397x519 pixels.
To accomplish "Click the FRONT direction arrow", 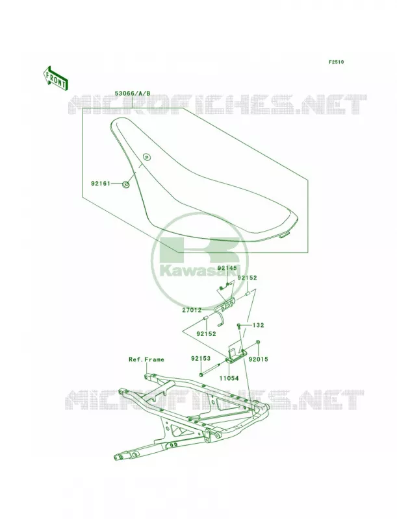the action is pyautogui.click(x=55, y=78).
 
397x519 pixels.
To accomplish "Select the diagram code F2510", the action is pyautogui.click(x=336, y=62).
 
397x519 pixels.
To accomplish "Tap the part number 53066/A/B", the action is pyautogui.click(x=133, y=93).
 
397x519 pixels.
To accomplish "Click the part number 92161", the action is pyautogui.click(x=101, y=183).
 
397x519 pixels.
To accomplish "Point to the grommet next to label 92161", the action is pyautogui.click(x=126, y=184).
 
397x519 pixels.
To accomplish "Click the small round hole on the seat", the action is pyautogui.click(x=146, y=156).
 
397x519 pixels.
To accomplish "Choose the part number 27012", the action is pyautogui.click(x=192, y=310).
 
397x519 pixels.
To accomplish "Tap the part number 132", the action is pyautogui.click(x=258, y=326).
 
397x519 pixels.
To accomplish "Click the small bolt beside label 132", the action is pyautogui.click(x=238, y=327).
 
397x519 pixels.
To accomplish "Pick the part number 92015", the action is pyautogui.click(x=259, y=359).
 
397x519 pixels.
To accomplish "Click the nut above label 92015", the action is pyautogui.click(x=258, y=342).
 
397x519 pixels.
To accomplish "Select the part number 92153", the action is pyautogui.click(x=201, y=359).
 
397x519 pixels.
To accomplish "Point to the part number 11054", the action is pyautogui.click(x=229, y=378).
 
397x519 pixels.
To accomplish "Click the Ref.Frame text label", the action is pyautogui.click(x=146, y=359).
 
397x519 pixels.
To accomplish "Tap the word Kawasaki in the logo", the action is pyautogui.click(x=199, y=271).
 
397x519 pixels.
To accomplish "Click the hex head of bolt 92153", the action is pyautogui.click(x=201, y=375).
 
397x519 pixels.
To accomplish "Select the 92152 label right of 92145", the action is pyautogui.click(x=247, y=278).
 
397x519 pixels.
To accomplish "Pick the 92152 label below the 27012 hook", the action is pyautogui.click(x=206, y=334).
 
